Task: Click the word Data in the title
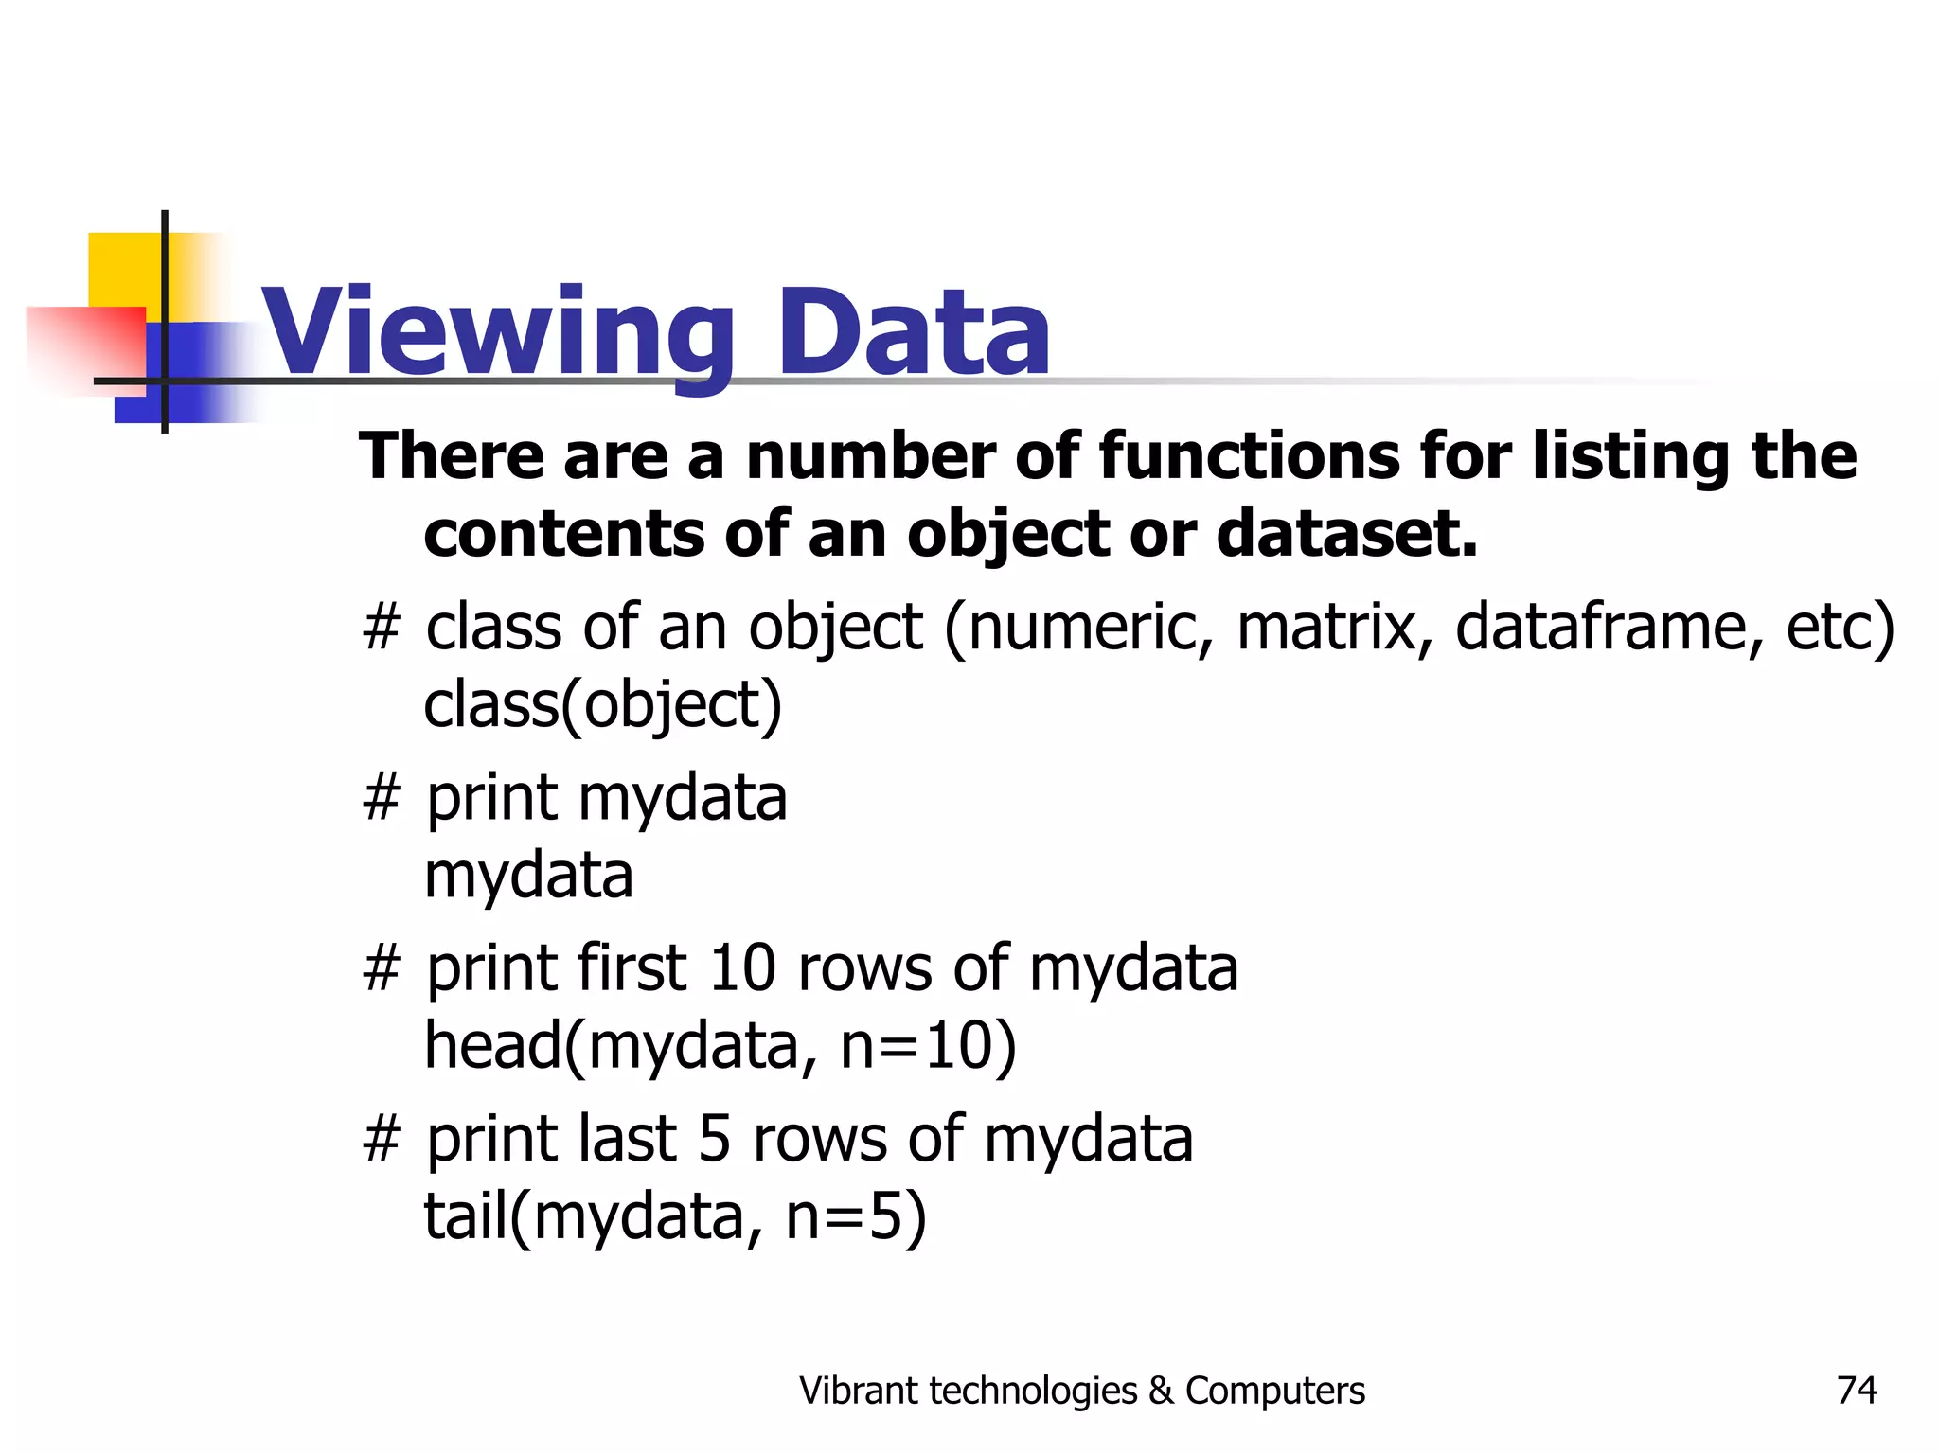913,333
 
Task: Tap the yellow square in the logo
123,270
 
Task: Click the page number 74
1856,1391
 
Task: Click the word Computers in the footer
1274,1391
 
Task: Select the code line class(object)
603,704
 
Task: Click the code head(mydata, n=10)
720,1046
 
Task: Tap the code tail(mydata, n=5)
674,1216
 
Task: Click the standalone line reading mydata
528,876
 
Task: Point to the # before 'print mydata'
382,798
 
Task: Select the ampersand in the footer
1161,1391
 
